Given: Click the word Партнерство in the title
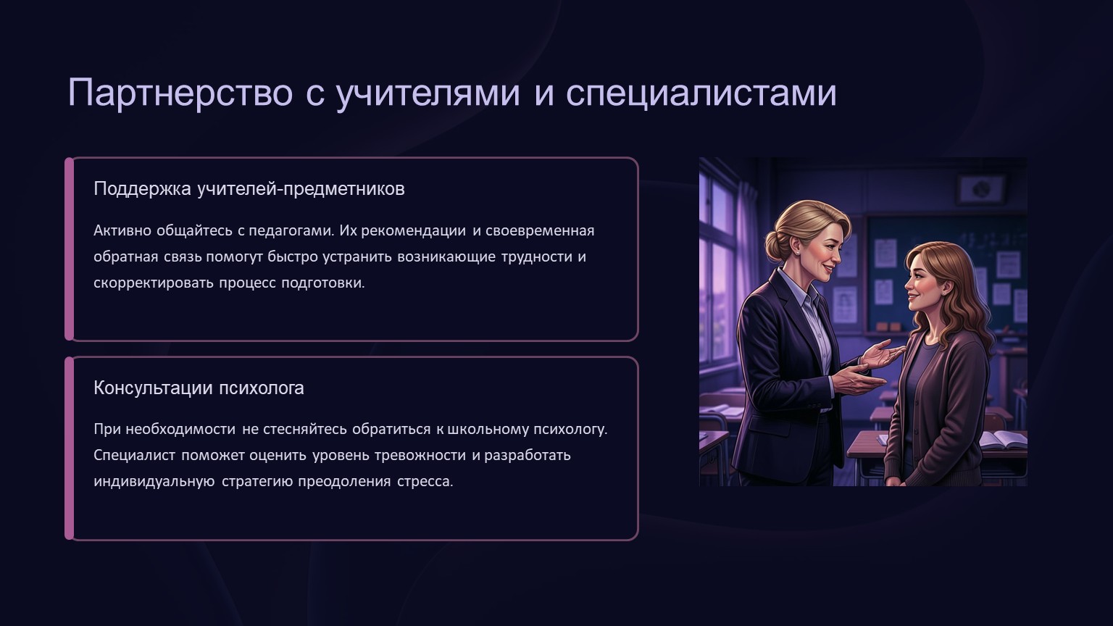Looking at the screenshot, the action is pos(180,93).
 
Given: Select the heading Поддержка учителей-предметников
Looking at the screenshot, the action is pos(249,189).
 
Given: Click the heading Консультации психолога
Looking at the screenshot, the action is pos(199,388).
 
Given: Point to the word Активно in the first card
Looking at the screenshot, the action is pos(122,230).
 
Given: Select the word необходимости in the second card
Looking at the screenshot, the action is pos(180,429).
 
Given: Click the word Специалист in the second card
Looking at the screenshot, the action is pos(134,456).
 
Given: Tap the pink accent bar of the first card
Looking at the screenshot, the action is pos(69,249).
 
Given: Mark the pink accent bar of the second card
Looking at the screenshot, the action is pos(69,448).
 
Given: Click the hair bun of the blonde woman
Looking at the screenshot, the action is pos(776,246).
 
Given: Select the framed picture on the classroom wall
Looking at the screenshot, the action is pos(981,189).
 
